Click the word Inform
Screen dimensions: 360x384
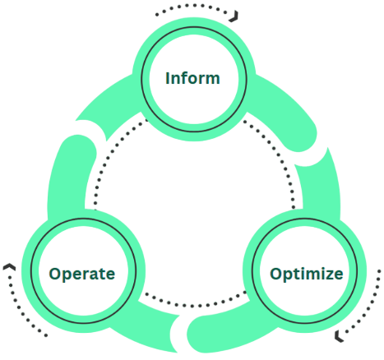click(192, 79)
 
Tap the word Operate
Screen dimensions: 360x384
click(81, 274)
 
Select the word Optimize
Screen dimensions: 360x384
click(306, 274)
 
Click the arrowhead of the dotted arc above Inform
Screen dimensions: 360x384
click(235, 16)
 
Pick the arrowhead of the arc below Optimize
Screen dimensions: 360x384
click(340, 335)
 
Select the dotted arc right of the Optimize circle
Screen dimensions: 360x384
click(374, 304)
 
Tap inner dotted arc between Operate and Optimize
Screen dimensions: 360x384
click(193, 295)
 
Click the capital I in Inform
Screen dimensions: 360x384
click(168, 79)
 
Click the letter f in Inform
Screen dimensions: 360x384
click(187, 79)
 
